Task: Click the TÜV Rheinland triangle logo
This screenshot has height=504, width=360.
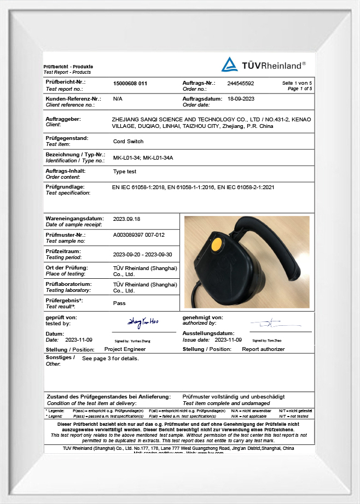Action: (229, 65)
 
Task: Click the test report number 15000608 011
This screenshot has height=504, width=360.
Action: (130, 83)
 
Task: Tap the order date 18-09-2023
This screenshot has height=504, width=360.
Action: (241, 99)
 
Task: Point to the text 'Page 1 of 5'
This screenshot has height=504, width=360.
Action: (300, 88)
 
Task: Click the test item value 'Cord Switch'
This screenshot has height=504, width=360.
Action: (128, 141)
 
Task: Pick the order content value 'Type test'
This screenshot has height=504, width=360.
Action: (124, 172)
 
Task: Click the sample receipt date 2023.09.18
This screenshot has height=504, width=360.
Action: (126, 219)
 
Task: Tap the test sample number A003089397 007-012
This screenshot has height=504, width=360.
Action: (138, 235)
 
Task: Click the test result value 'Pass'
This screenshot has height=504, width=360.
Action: (119, 303)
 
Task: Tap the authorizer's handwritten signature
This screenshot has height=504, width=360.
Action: (269, 324)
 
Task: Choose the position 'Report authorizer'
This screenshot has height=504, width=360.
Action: (263, 349)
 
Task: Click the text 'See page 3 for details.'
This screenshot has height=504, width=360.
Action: (110, 359)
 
